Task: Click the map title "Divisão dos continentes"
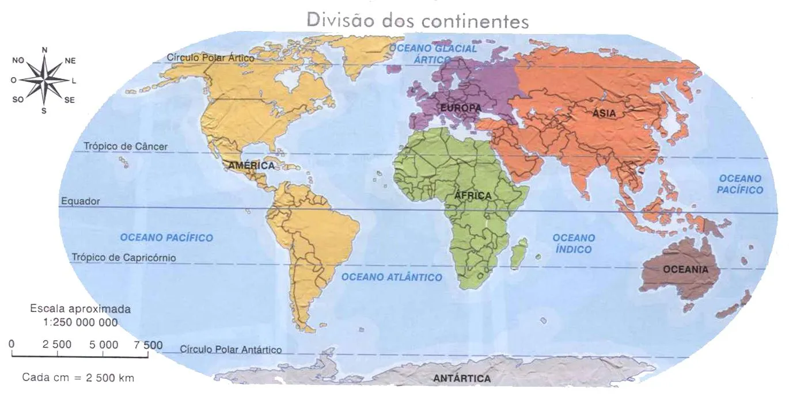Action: [x=418, y=21]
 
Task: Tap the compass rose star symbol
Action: [x=44, y=80]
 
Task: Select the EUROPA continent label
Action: [x=460, y=108]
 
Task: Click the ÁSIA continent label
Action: [x=604, y=114]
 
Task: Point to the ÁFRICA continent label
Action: [x=473, y=196]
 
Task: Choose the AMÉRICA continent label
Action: [x=251, y=165]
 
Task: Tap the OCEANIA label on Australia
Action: [x=685, y=269]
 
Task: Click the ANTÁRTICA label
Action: [x=462, y=378]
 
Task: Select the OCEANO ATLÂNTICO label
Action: [x=392, y=277]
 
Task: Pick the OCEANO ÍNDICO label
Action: [x=574, y=243]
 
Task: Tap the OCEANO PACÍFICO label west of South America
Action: [x=166, y=237]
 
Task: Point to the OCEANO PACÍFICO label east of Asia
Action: [x=740, y=184]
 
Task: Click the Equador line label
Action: [x=80, y=201]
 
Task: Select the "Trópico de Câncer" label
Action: [x=126, y=146]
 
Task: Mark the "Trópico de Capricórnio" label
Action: [x=124, y=257]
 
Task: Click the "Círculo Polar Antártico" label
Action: [x=231, y=349]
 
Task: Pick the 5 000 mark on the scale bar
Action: [x=104, y=345]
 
